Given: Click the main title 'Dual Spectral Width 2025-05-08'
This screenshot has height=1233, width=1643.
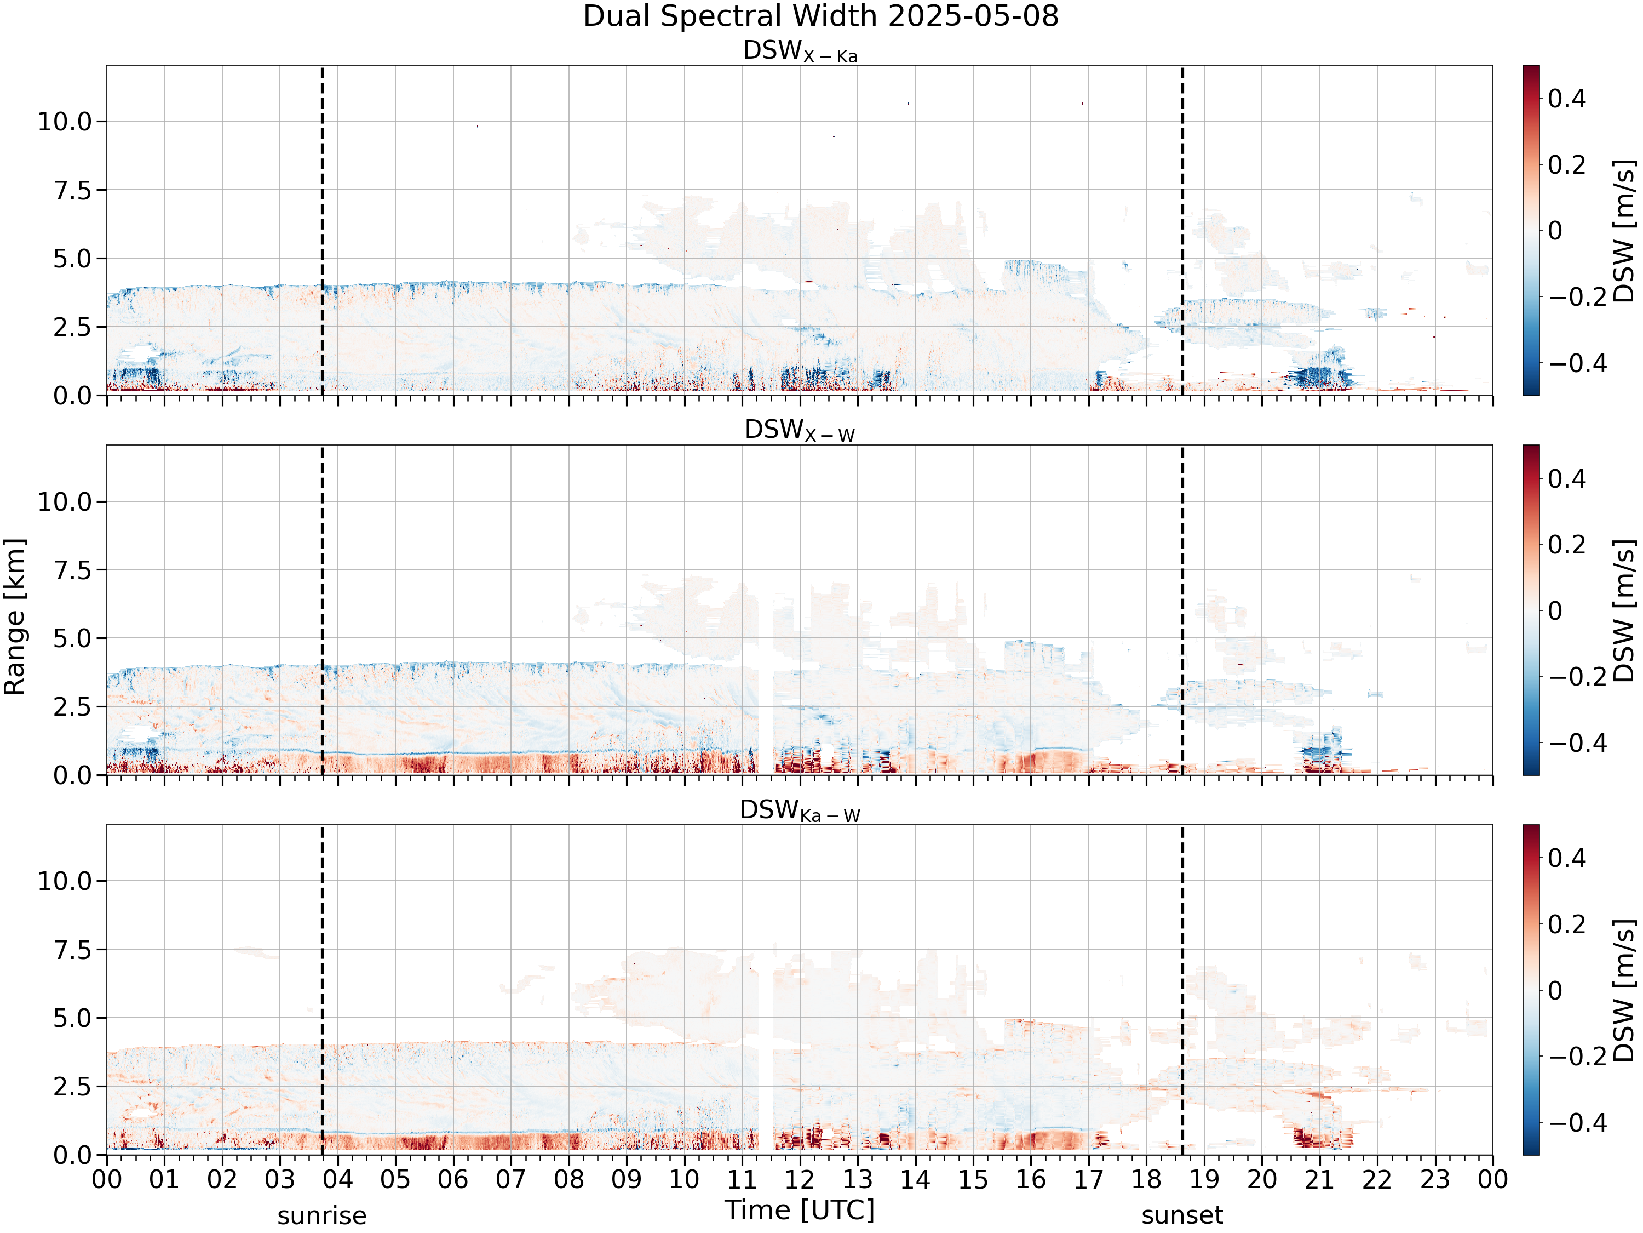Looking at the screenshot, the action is point(821,16).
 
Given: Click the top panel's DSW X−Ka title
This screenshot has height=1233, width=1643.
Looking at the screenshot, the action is point(800,52).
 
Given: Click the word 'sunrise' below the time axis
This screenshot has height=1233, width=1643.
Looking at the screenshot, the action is point(321,1216).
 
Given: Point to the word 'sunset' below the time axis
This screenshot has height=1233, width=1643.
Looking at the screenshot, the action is point(1182,1216).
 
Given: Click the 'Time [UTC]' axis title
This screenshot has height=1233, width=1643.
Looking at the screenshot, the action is point(800,1210).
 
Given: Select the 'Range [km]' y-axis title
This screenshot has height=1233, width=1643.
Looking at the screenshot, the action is point(14,617).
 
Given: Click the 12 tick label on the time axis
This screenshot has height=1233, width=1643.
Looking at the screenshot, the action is point(800,1179).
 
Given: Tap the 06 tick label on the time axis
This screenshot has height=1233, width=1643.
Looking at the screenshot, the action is point(453,1179).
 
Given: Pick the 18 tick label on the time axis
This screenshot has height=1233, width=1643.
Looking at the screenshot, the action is point(1146,1179).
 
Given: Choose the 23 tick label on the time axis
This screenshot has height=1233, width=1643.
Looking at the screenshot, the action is point(1435,1179).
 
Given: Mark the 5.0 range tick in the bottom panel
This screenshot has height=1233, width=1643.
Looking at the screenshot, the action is point(72,1018).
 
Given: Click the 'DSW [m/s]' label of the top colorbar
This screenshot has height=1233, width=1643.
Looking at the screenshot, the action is point(1624,230).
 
